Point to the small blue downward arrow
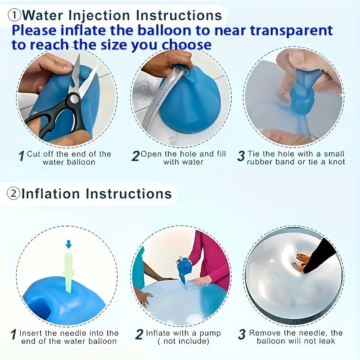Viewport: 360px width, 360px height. [x=68, y=244]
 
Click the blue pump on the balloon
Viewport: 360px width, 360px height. [x=183, y=268]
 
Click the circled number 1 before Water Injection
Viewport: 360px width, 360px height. [x=14, y=15]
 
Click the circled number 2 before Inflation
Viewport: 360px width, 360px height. [x=13, y=194]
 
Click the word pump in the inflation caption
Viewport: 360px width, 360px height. [x=211, y=333]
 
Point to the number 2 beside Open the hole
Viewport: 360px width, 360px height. [x=135, y=156]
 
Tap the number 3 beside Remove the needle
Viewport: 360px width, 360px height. [x=242, y=334]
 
